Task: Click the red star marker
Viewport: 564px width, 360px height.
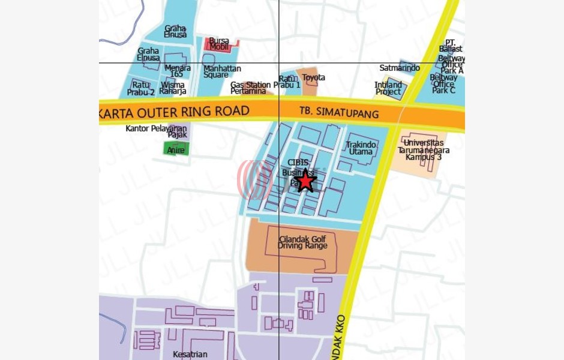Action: coord(306,181)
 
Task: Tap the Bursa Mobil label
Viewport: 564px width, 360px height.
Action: coord(219,44)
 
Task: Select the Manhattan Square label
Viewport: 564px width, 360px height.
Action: coord(221,72)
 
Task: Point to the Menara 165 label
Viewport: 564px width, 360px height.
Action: coord(177,71)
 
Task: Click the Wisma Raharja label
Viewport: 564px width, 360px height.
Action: coord(173,88)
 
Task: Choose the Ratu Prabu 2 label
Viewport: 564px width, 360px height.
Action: coord(141,88)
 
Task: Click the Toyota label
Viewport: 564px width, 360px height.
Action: coord(313,77)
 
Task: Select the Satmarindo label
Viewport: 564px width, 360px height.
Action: coord(400,68)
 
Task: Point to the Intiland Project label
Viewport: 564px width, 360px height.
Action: coord(388,88)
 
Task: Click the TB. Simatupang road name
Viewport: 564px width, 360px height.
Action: coord(339,113)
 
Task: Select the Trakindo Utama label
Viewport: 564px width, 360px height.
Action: coord(361,148)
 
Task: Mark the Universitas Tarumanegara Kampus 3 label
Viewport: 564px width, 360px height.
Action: coord(424,150)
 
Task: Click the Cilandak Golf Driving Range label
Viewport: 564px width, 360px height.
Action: coord(303,242)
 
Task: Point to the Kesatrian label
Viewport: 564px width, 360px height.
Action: coord(190,354)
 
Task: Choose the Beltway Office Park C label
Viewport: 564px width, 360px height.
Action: coord(444,84)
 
